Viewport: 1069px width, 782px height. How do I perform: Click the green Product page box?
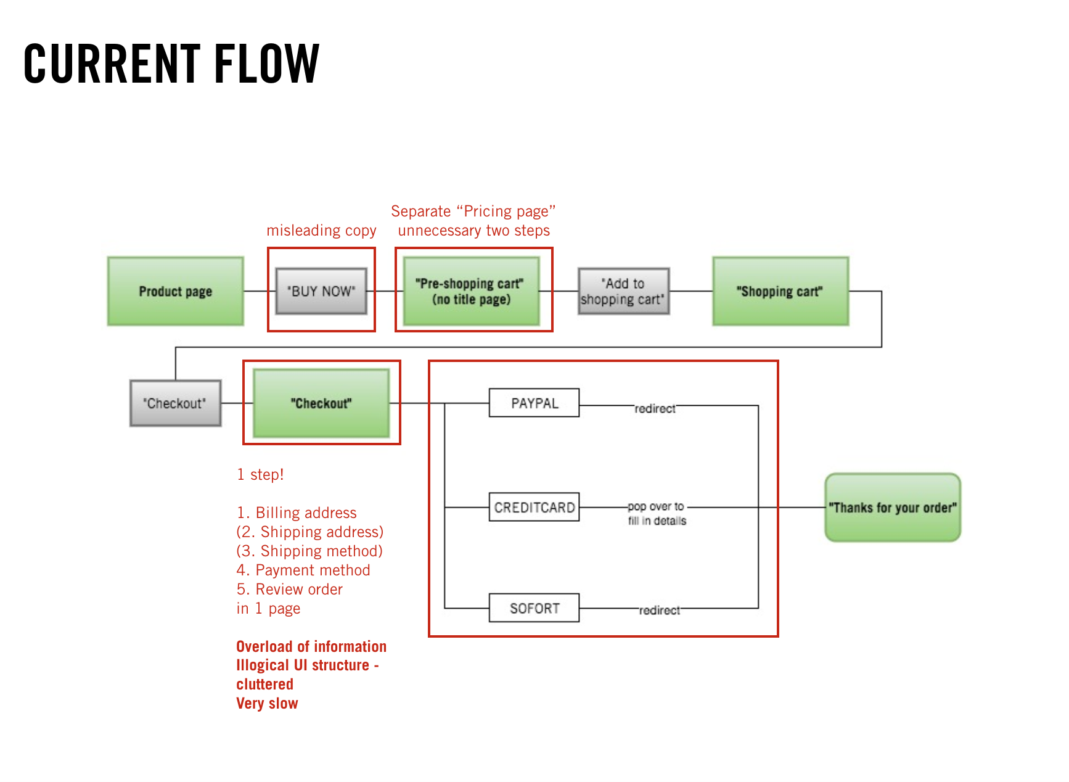pyautogui.click(x=176, y=291)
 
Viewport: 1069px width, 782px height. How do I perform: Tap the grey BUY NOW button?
pyautogui.click(x=321, y=291)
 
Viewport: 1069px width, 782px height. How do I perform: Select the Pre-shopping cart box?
pyautogui.click(x=472, y=291)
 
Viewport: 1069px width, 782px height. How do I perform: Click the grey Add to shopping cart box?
pyautogui.click(x=623, y=291)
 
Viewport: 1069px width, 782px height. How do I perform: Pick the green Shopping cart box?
pyautogui.click(x=780, y=291)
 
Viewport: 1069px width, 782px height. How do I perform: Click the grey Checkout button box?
pyautogui.click(x=176, y=403)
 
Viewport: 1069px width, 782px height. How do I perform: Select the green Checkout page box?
pyautogui.click(x=321, y=403)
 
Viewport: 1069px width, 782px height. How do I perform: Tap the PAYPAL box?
pyautogui.click(x=534, y=403)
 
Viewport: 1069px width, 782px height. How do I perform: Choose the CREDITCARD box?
pyautogui.click(x=534, y=507)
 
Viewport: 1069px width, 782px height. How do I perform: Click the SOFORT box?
pyautogui.click(x=534, y=608)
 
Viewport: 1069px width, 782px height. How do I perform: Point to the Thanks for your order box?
pyautogui.click(x=893, y=508)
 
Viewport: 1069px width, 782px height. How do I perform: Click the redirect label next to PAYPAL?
pyautogui.click(x=655, y=408)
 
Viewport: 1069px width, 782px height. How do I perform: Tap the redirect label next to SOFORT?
pyautogui.click(x=660, y=610)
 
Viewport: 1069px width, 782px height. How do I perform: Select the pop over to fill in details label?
pyautogui.click(x=657, y=513)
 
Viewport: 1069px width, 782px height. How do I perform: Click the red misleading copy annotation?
pyautogui.click(x=321, y=231)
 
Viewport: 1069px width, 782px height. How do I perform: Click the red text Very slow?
pyautogui.click(x=267, y=704)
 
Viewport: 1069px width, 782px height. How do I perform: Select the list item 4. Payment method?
pyautogui.click(x=303, y=570)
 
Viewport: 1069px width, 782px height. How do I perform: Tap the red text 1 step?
pyautogui.click(x=260, y=475)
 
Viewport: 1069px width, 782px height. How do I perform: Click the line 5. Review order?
pyautogui.click(x=290, y=590)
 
